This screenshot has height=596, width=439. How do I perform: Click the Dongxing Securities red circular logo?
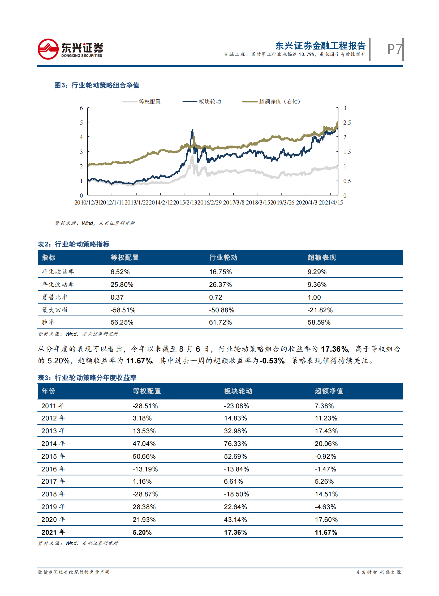tap(48, 49)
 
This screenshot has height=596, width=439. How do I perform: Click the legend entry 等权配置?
tap(150, 102)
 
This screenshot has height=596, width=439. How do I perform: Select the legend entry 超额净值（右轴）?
tap(279, 102)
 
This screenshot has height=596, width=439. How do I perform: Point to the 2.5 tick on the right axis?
tap(347, 123)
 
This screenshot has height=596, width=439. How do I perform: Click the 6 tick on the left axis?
tap(81, 108)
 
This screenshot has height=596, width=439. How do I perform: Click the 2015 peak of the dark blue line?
tap(192, 130)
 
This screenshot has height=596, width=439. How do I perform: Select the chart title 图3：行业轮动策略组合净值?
tap(97, 85)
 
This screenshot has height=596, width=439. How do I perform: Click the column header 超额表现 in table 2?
tap(321, 257)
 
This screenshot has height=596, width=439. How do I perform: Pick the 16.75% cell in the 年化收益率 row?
tap(220, 272)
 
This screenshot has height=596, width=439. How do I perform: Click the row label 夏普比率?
tap(55, 297)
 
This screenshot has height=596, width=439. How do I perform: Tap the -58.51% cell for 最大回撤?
tap(123, 310)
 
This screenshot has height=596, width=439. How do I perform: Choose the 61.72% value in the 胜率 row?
tap(220, 322)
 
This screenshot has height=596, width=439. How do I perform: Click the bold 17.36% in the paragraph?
tap(334, 349)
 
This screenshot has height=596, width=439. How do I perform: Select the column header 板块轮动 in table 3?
tap(238, 391)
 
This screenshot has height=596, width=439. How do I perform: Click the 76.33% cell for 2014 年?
tap(235, 443)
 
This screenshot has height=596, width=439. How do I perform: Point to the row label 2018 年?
tap(53, 494)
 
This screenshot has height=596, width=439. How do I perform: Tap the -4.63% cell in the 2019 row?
tap(325, 507)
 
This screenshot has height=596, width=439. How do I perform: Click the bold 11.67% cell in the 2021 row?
tap(326, 532)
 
